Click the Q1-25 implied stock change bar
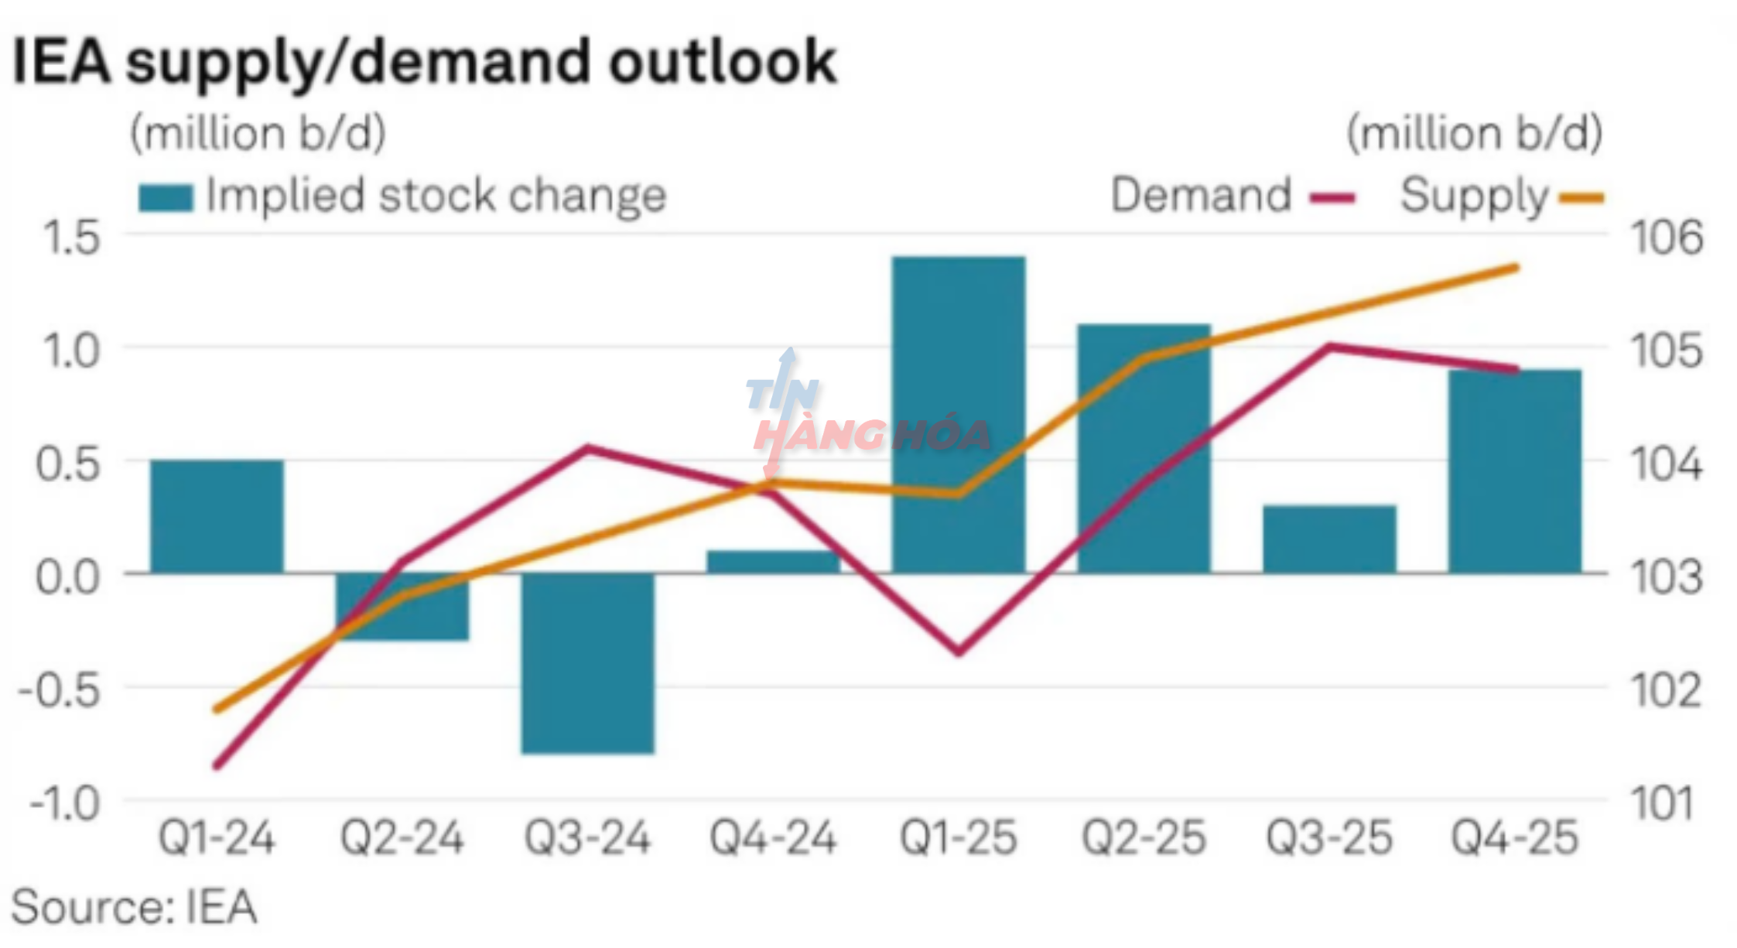[x=958, y=414]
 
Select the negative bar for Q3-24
[x=587, y=663]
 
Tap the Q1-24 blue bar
[x=217, y=516]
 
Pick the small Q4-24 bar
[x=773, y=562]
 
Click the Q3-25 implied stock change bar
[x=1329, y=539]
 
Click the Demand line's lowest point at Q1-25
[x=959, y=652]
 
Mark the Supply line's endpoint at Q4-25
[x=1515, y=268]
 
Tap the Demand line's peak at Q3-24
[x=588, y=447]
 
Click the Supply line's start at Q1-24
[x=217, y=709]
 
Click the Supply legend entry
[x=1501, y=197]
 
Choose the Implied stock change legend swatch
[x=165, y=197]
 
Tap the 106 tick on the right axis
[x=1667, y=237]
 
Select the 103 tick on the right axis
[x=1667, y=577]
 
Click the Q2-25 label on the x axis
[x=1144, y=838]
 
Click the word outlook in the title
[x=723, y=62]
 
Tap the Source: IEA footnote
[x=134, y=907]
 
